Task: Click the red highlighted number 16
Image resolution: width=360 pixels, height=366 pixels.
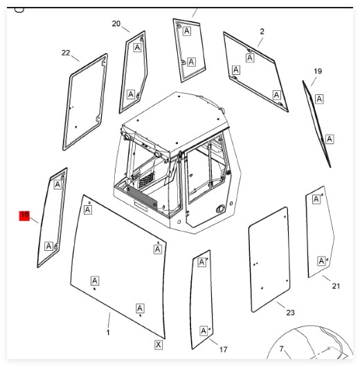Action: coord(24,216)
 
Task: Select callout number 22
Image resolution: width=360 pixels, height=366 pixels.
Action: coord(66,53)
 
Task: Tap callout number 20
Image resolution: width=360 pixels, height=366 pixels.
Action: coord(116,24)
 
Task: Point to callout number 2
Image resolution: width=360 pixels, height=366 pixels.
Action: coord(262,31)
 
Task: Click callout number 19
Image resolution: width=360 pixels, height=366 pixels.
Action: coord(318,71)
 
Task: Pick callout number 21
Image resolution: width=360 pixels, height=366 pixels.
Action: coord(336,286)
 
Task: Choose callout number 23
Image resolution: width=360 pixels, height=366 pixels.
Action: coord(291,313)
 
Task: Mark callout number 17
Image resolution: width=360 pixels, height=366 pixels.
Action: coord(223,349)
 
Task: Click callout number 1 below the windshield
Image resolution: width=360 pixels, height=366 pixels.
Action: coord(108,333)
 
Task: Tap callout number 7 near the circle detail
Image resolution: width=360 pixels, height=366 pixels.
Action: coord(282,349)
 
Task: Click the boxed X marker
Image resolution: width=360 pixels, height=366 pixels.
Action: coord(159,345)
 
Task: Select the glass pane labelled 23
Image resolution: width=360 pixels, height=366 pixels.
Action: coord(269,259)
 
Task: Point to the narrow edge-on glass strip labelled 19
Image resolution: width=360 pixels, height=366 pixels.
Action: coord(316,123)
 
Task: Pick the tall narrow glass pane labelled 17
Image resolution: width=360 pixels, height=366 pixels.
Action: coord(201,299)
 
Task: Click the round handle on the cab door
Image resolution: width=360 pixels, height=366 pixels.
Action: coord(220,209)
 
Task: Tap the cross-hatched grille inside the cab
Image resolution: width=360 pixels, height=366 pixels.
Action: coord(147,180)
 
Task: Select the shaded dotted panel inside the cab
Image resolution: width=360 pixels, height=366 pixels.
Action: coord(142,198)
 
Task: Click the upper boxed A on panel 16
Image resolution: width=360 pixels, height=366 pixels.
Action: coord(57,184)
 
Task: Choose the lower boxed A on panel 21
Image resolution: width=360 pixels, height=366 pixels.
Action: coord(321,261)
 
